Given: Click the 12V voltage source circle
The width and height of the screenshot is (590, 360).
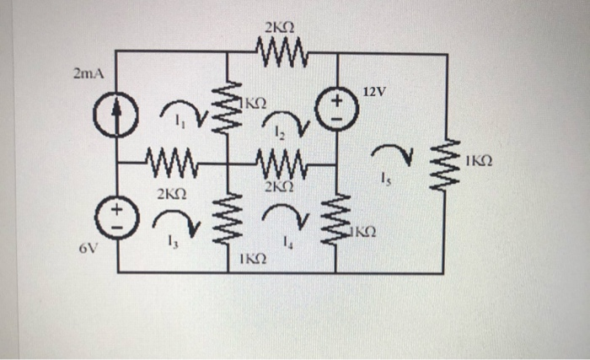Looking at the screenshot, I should (337, 110).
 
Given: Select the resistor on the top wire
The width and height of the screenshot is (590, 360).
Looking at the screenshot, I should (282, 54).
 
